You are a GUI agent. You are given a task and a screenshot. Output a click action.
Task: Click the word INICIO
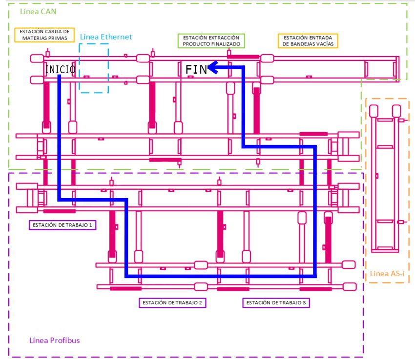[61, 69]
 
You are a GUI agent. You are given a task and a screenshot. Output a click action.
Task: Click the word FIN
[196, 70]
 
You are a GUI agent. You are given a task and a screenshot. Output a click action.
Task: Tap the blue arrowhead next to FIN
[213, 67]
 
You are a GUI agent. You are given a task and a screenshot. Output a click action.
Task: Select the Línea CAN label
[38, 11]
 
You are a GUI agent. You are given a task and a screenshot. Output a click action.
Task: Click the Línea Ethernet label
[106, 37]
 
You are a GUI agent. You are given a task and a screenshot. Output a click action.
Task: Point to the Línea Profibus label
[55, 340]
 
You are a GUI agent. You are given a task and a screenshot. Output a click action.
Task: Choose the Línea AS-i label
[387, 274]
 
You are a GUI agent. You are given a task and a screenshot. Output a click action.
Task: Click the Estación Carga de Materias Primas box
[44, 35]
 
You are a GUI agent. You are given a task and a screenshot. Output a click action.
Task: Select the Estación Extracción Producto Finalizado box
[211, 41]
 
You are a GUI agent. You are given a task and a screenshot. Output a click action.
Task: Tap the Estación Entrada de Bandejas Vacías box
[308, 41]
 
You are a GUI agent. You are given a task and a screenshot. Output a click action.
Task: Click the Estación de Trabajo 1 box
[62, 225]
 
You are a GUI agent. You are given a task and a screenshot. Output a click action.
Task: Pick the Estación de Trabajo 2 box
[172, 302]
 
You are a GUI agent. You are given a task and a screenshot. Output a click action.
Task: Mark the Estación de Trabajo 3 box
[276, 302]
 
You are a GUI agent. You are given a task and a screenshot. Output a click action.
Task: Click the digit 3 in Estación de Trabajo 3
[304, 302]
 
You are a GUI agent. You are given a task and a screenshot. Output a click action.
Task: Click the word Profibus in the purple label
[65, 340]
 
